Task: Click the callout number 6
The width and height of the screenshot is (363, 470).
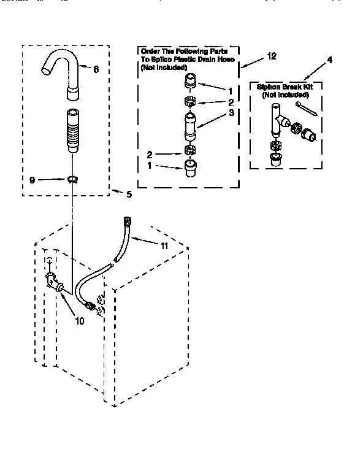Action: (96, 69)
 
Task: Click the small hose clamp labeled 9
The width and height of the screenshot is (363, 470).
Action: (73, 179)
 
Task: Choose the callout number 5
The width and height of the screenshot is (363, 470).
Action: (128, 195)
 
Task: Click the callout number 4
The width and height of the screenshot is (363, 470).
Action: (329, 60)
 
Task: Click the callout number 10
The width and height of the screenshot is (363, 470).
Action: (81, 320)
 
